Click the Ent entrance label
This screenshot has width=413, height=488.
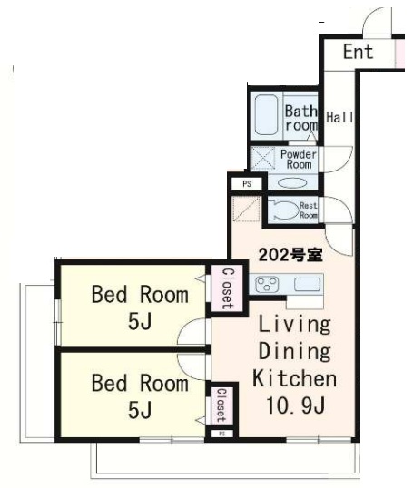click(357, 53)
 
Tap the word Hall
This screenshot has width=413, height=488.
click(340, 118)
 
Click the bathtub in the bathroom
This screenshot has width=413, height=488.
click(266, 116)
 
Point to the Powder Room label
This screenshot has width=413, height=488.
click(298, 160)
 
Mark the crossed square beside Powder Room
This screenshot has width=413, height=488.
click(262, 160)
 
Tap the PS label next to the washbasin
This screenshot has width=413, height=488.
click(245, 184)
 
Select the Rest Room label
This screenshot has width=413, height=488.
click(309, 211)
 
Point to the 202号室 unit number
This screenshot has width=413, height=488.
click(290, 255)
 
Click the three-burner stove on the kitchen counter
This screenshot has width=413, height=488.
click(268, 285)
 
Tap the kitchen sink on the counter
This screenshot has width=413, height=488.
click(306, 286)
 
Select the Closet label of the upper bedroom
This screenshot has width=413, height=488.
click(227, 288)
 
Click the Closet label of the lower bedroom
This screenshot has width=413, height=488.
click(220, 405)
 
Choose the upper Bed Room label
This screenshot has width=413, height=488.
click(139, 294)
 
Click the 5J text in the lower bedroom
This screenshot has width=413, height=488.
click(139, 410)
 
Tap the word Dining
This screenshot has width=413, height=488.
click(295, 352)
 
